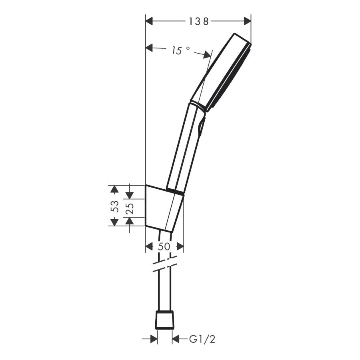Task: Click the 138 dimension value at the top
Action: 198,21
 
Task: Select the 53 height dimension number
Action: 115,206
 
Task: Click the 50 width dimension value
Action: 164,247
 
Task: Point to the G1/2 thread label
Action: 202,340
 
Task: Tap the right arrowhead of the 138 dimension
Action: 247,21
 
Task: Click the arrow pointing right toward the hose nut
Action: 152,339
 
